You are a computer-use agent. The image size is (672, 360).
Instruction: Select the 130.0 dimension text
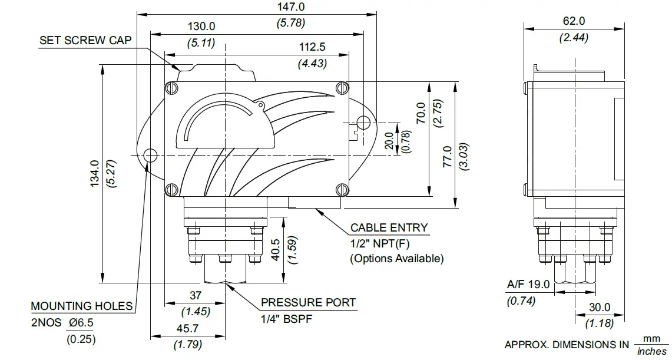(x=201, y=27)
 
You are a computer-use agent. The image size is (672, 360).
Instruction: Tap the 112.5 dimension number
(x=312, y=48)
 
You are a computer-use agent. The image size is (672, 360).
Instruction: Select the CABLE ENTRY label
(x=389, y=227)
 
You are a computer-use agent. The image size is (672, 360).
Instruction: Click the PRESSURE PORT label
(x=309, y=303)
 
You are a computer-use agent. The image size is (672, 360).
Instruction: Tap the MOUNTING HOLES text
(x=81, y=306)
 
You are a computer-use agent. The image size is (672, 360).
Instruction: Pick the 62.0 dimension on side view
(x=574, y=21)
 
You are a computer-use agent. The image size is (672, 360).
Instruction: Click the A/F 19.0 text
(x=528, y=285)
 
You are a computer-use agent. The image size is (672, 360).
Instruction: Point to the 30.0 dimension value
(x=599, y=308)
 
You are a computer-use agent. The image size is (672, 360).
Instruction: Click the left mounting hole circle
(x=150, y=156)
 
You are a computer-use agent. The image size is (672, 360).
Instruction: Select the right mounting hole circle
(x=364, y=123)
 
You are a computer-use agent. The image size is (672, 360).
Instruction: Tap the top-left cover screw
(x=171, y=88)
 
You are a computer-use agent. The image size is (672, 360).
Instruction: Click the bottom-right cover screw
(x=344, y=190)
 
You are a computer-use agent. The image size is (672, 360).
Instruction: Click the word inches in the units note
(x=651, y=352)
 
